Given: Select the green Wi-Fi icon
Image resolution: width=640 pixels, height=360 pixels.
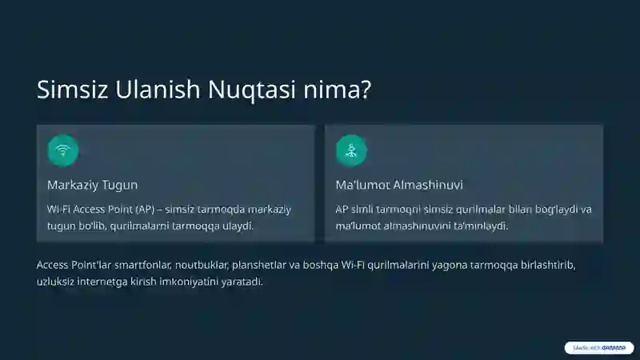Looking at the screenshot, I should pos(63,150).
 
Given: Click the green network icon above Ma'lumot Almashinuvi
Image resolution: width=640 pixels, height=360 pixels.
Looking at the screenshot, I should pos(351,150).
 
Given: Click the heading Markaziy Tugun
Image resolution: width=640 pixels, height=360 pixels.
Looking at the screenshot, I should pos(93,185).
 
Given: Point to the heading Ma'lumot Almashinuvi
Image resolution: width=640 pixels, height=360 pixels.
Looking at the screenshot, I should pos(399,185).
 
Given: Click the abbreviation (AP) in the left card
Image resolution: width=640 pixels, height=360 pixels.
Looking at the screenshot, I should pos(144,210).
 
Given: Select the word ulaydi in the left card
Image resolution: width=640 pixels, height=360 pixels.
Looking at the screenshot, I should pos(238,226).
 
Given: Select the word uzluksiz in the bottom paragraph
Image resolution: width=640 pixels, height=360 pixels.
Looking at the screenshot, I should pos(55,282).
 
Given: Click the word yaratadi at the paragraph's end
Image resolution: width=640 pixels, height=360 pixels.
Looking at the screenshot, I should pos(241,282).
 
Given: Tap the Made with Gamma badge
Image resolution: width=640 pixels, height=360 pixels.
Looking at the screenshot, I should pos(598,348).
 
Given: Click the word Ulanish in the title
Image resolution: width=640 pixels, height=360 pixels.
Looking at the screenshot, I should pos(158,90).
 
